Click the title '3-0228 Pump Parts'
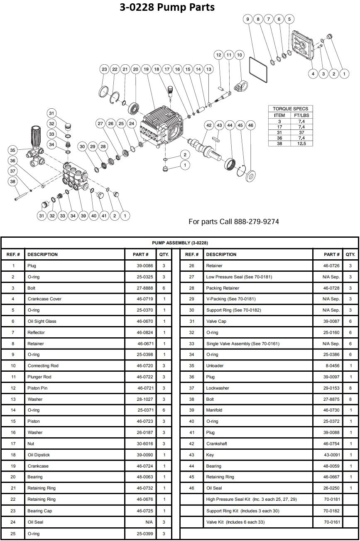(167, 7)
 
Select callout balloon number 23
(104, 70)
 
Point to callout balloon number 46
(250, 125)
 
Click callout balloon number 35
(13, 150)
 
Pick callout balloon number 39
(83, 215)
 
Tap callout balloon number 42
(209, 125)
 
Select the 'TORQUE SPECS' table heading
(291, 109)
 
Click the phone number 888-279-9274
(257, 222)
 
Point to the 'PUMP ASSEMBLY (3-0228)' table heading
(180, 243)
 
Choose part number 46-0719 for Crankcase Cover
(140, 299)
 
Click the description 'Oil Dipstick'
(39, 455)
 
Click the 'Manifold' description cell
(214, 410)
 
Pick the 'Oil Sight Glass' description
(42, 321)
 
